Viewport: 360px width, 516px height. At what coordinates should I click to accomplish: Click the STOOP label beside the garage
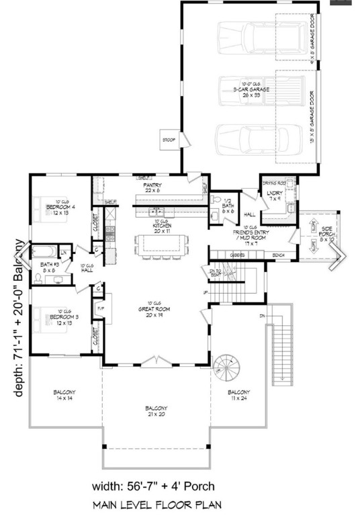point(167,140)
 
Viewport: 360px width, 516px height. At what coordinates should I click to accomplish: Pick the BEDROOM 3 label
point(64,314)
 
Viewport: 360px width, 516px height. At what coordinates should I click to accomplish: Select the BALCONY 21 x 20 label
point(156,411)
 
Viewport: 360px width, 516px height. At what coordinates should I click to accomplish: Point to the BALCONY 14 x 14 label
point(65,394)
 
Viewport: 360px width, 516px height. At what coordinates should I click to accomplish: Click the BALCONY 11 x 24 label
point(239,394)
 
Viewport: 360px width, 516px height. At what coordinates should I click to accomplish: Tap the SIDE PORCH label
point(326,234)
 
